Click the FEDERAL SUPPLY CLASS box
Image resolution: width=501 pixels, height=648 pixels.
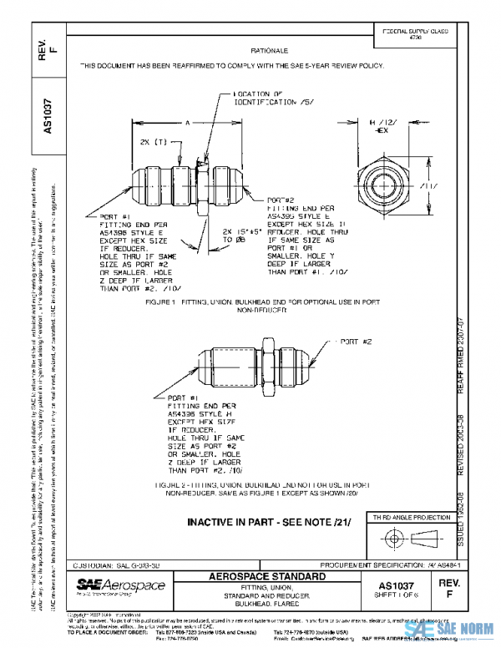click(414, 33)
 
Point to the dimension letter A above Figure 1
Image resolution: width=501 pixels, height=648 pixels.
click(189, 123)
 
